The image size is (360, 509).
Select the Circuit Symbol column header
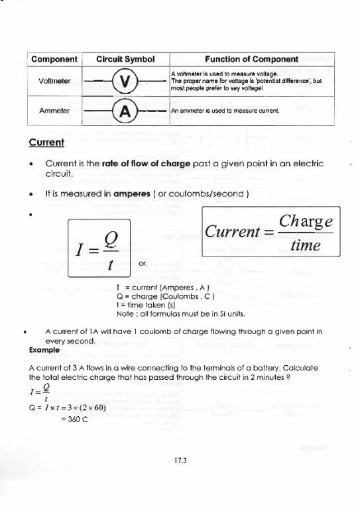coord(126,58)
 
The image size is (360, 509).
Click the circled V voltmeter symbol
coord(126,82)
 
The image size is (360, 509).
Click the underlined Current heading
coord(46,142)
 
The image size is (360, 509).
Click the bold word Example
coord(44,349)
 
